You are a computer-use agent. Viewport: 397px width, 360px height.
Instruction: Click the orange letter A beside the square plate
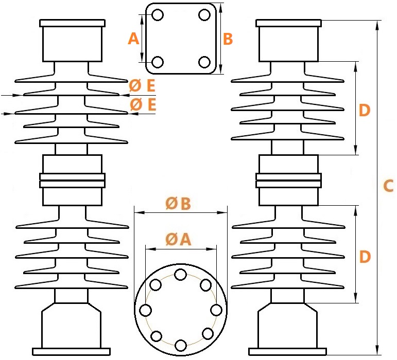(133, 39)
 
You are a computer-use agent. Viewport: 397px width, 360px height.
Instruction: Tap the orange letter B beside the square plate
(228, 39)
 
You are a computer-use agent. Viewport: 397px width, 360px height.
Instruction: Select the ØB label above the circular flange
(178, 204)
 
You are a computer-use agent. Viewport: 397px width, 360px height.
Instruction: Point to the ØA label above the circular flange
(178, 239)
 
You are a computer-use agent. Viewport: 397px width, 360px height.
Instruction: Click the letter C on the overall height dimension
(388, 186)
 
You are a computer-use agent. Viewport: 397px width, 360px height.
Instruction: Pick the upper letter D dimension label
(365, 111)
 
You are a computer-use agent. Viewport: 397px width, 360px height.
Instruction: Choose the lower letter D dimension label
(365, 257)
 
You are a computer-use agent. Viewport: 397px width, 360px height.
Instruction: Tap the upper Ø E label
(142, 85)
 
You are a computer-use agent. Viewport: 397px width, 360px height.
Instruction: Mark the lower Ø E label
(143, 104)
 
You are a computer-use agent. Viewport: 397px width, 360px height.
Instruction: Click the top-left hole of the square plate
(158, 15)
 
